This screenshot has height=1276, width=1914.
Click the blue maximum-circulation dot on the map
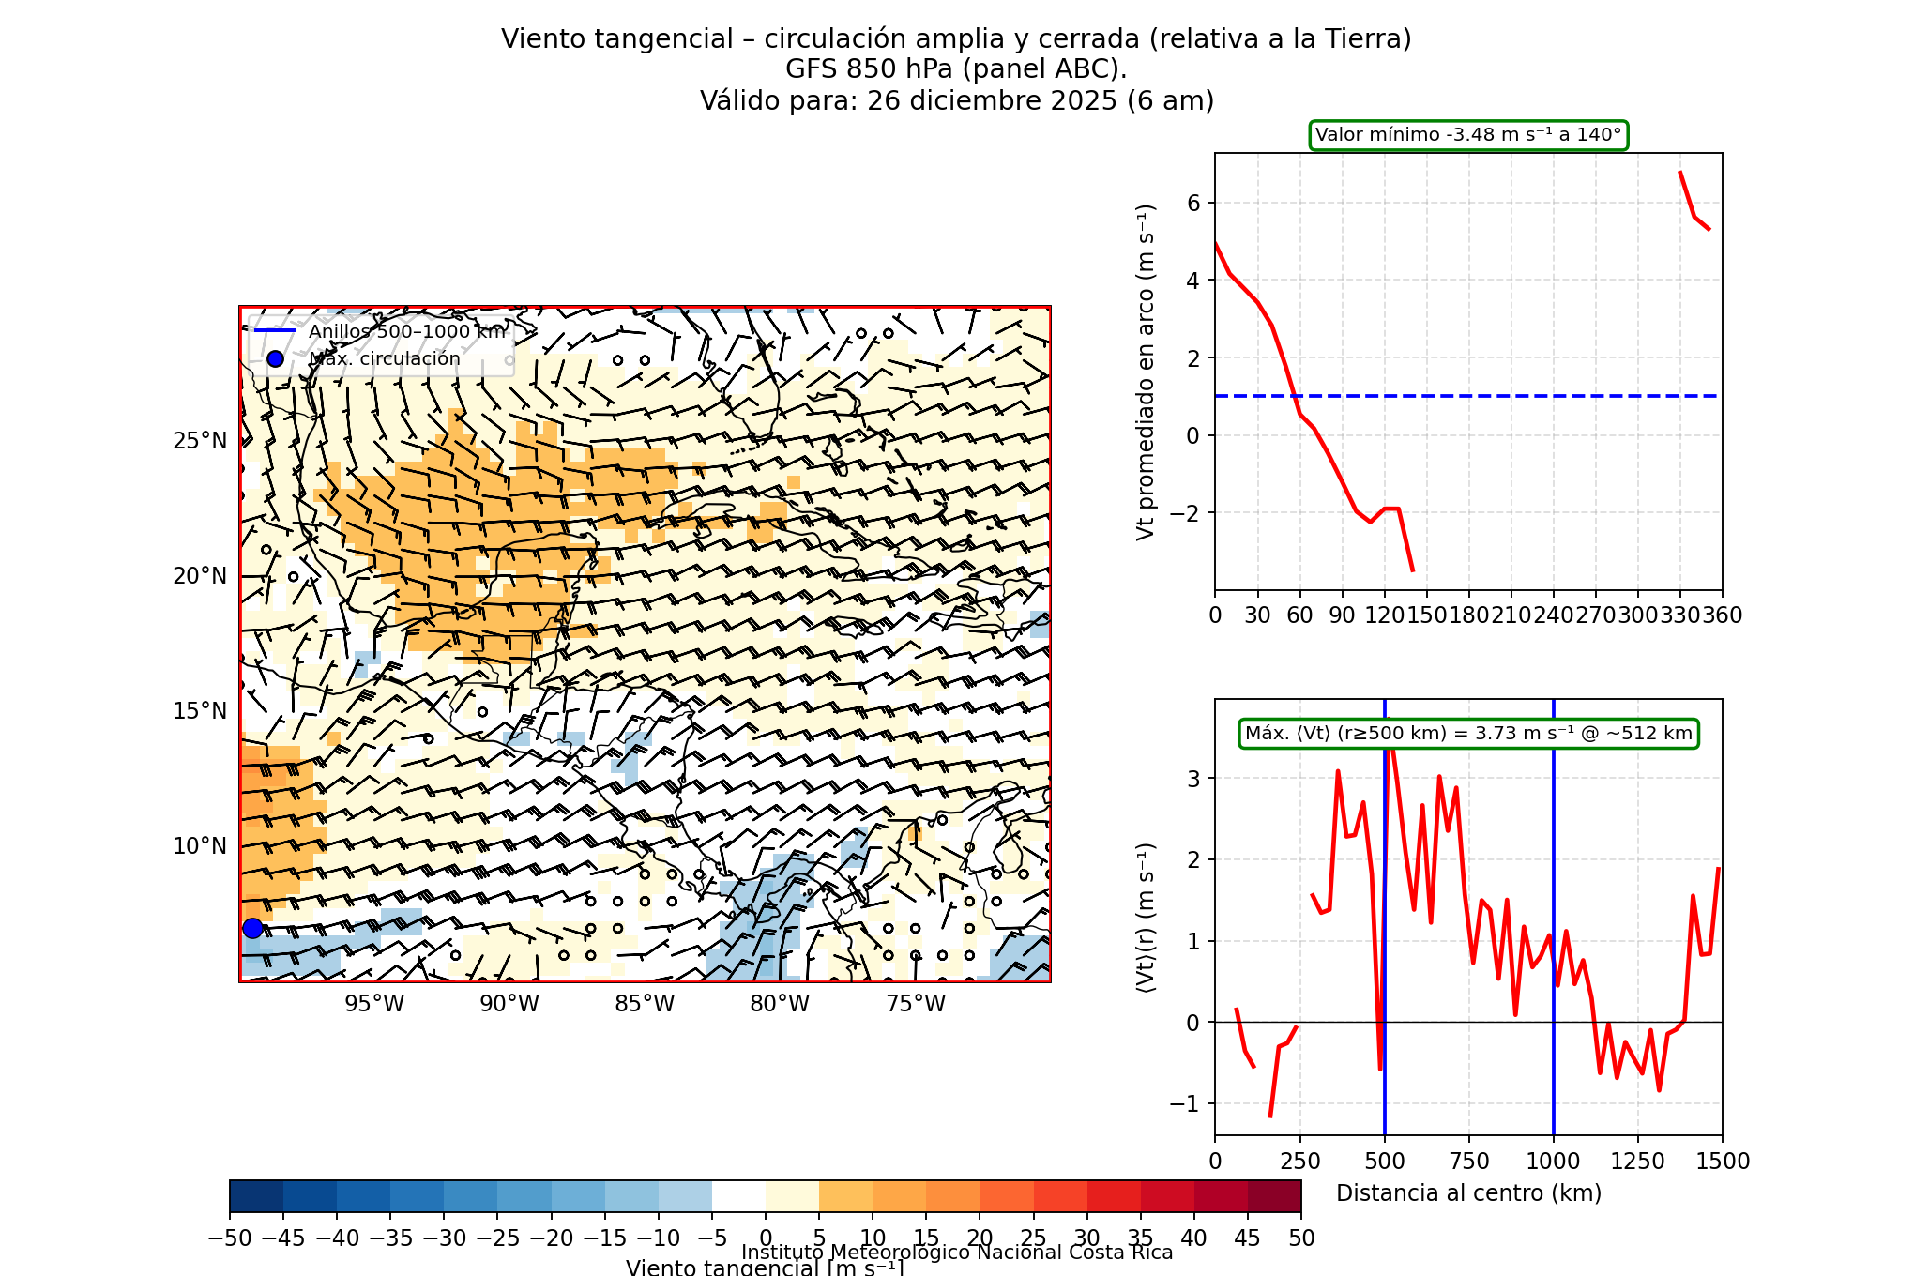[252, 928]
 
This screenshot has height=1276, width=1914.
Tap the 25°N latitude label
[200, 441]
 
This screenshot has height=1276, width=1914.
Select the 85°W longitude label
[645, 1004]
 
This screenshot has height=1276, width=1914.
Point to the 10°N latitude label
[200, 846]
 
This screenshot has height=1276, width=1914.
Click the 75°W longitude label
[915, 1004]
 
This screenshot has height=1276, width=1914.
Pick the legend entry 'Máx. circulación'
[385, 359]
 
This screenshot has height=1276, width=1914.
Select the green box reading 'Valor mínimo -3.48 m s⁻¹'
[1468, 135]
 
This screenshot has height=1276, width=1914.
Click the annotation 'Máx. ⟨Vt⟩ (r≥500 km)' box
[1468, 734]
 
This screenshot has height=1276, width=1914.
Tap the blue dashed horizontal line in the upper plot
[1501, 396]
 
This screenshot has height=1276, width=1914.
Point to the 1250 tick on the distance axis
[1638, 1162]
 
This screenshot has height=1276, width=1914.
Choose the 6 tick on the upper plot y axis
[1193, 203]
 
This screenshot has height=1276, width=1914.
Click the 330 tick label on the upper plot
[1679, 615]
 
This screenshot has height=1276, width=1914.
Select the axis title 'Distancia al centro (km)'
[1468, 1193]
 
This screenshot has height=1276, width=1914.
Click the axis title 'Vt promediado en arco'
[1145, 372]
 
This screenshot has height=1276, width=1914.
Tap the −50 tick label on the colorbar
[230, 1238]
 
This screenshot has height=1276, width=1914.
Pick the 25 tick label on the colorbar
[1033, 1238]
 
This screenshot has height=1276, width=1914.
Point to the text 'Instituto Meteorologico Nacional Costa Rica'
[957, 1253]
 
